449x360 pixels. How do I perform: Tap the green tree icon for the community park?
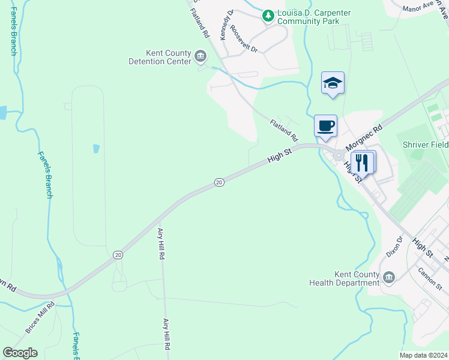coord(268,16)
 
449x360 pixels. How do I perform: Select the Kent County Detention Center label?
coord(160,57)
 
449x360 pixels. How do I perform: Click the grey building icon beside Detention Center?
coord(200,58)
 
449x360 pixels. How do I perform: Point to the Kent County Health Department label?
coord(345,278)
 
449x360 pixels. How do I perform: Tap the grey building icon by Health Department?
coord(388,277)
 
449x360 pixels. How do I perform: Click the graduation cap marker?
coord(333,83)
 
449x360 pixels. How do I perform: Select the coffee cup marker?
coord(325,126)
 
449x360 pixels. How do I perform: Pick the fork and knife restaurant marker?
coord(363,162)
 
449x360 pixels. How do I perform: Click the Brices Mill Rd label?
coord(40,317)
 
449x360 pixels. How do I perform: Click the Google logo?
coord(20,353)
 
